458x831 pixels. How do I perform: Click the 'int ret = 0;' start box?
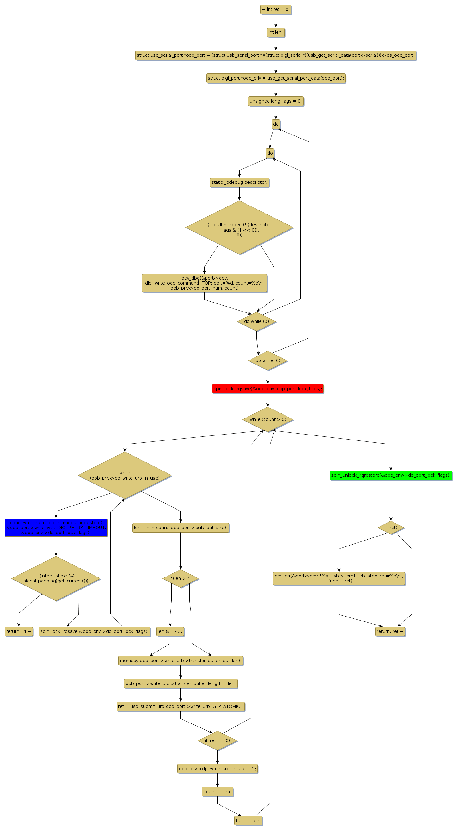[x=276, y=10]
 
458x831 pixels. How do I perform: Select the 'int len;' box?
[x=276, y=33]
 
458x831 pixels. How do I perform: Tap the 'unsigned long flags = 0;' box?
[x=276, y=101]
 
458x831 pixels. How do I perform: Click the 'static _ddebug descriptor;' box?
[x=239, y=183]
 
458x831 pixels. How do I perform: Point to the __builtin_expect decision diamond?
[x=239, y=228]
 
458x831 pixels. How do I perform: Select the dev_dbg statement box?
[x=204, y=283]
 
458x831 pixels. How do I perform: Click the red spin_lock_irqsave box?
[x=268, y=389]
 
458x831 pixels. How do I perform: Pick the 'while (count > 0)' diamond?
[x=268, y=419]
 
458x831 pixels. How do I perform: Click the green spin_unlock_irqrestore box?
[x=390, y=475]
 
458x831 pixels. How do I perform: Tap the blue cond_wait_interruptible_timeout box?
[x=56, y=528]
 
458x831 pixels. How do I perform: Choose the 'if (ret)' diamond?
[x=390, y=528]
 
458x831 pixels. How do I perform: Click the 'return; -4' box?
[x=19, y=631]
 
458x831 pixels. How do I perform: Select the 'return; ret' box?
[x=390, y=631]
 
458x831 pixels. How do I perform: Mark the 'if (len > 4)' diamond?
[x=180, y=578]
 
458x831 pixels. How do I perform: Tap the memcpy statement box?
[x=180, y=661]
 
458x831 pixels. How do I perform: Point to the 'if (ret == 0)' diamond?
[x=217, y=740]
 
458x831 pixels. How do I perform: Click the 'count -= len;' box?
[x=217, y=792]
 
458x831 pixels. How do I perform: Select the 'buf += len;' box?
[x=248, y=821]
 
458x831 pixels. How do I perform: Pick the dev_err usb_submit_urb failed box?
[x=339, y=578]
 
